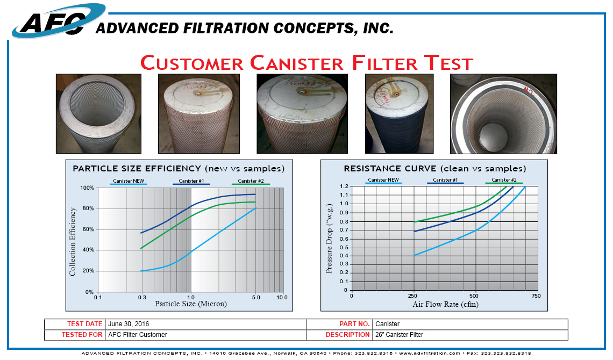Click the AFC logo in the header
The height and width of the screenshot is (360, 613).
click(x=51, y=23)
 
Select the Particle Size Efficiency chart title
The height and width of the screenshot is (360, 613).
click(x=179, y=169)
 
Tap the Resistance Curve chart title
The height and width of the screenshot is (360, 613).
click(x=435, y=169)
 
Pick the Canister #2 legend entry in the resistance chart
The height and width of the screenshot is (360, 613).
click(x=504, y=180)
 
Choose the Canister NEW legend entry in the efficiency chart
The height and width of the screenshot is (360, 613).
click(x=128, y=181)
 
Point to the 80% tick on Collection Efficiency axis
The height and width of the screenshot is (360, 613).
click(x=87, y=208)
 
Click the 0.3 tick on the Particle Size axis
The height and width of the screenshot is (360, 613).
click(x=142, y=297)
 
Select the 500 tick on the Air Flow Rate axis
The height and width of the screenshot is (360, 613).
click(x=474, y=296)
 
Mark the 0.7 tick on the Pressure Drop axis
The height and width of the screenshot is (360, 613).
click(x=345, y=230)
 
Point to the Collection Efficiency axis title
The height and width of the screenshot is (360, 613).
click(x=73, y=242)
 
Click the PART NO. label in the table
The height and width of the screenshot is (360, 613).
click(x=354, y=324)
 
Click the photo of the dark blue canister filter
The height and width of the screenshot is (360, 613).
click(x=399, y=113)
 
